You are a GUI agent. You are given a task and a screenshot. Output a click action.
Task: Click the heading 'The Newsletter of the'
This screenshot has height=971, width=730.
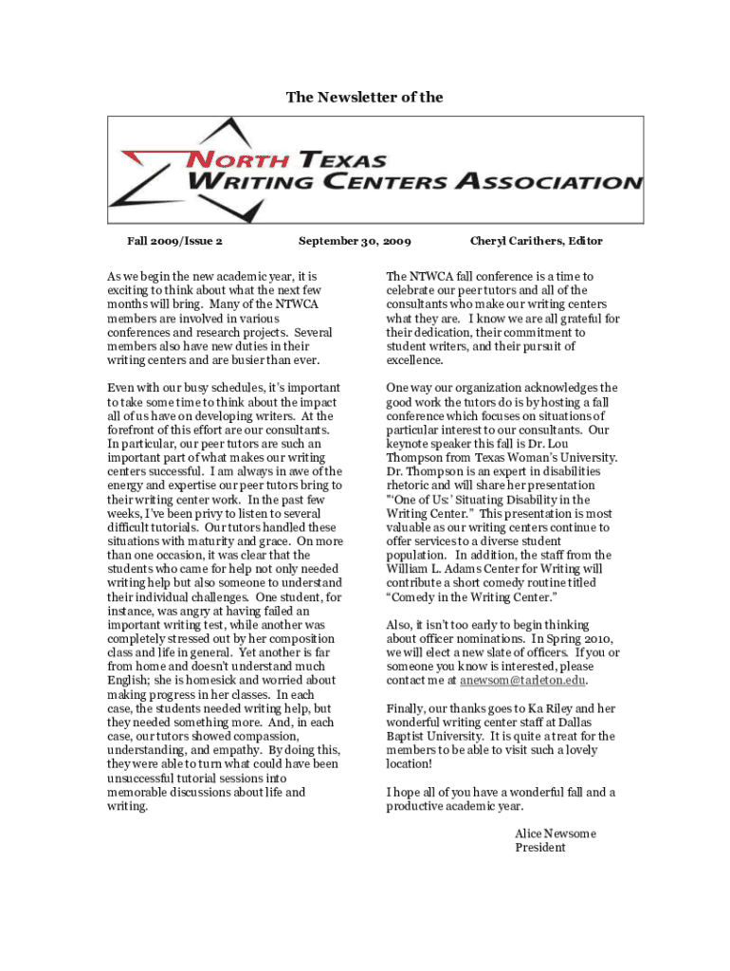(x=365, y=98)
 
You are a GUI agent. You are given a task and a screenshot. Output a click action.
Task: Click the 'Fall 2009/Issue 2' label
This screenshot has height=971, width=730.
(x=174, y=241)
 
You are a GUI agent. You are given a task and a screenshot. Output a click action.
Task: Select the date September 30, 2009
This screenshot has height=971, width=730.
(x=355, y=241)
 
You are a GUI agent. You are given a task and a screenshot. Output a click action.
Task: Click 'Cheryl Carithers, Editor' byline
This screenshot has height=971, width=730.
(x=536, y=241)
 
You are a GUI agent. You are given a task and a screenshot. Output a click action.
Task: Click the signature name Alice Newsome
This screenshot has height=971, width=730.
(x=556, y=834)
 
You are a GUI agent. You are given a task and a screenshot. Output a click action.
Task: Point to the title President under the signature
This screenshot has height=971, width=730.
(x=539, y=848)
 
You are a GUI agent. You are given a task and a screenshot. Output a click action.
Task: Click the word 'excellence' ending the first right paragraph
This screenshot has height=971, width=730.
(x=414, y=360)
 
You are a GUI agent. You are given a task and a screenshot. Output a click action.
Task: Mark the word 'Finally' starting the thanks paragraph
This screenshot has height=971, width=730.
(x=407, y=708)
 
